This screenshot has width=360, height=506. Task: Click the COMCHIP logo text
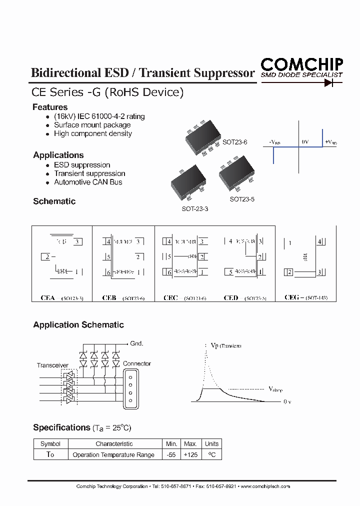(301, 64)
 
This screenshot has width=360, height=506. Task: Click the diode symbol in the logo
(330, 83)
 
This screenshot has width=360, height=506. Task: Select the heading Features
(50, 107)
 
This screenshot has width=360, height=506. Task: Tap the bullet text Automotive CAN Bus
(88, 182)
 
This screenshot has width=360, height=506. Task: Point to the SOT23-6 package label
(235, 142)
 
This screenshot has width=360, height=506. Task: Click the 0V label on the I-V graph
(305, 142)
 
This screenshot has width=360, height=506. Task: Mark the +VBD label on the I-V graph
(331, 142)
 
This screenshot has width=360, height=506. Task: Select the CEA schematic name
(47, 297)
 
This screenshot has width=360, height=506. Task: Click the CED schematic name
(230, 297)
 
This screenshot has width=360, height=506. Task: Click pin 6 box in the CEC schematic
(169, 272)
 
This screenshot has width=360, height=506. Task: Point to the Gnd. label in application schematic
(136, 343)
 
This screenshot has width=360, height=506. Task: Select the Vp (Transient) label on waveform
(225, 345)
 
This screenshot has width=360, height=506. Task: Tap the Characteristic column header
(114, 443)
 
